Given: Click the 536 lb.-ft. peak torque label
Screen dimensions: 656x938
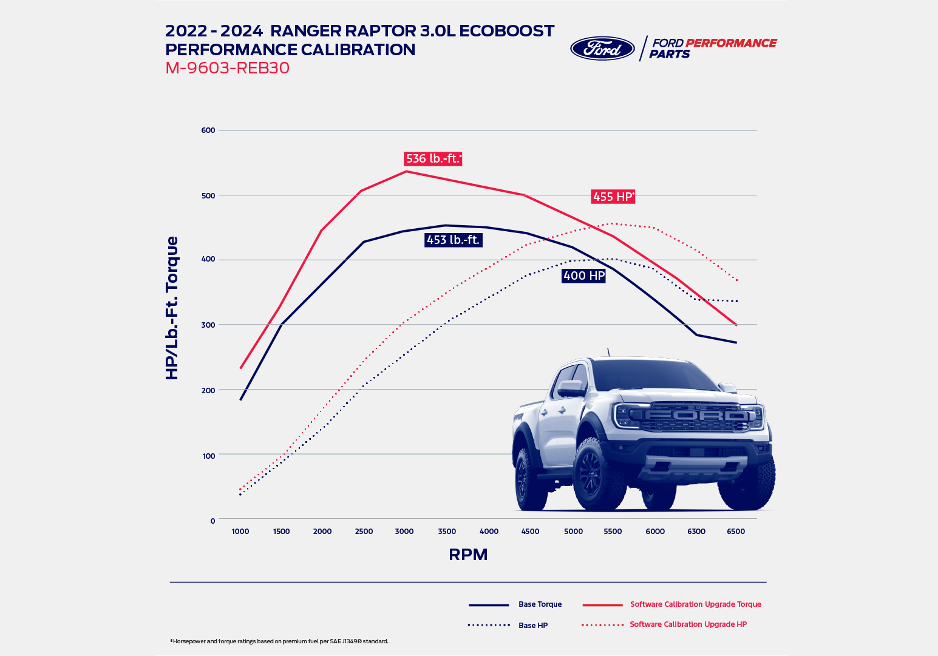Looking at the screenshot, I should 433,158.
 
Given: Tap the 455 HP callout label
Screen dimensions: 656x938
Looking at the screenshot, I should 613,196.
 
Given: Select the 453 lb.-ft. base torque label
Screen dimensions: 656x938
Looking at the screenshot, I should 453,240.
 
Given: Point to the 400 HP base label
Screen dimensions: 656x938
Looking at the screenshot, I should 583,276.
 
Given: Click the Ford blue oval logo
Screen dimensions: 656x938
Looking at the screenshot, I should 602,49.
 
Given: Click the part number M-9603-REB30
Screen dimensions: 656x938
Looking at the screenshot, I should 227,68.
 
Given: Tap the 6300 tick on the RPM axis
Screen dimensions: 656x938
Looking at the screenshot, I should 696,531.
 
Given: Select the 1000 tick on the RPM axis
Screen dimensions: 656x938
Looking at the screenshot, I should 240,531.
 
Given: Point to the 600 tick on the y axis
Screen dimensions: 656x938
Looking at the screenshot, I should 208,130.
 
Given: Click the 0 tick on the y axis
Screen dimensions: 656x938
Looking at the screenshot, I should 212,521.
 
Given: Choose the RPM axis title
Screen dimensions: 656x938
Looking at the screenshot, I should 468,555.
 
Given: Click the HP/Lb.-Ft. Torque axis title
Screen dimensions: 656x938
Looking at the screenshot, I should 172,308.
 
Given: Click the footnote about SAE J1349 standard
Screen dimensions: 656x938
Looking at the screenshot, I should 279,641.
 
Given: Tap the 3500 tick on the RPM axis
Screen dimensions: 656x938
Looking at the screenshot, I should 447,531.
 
